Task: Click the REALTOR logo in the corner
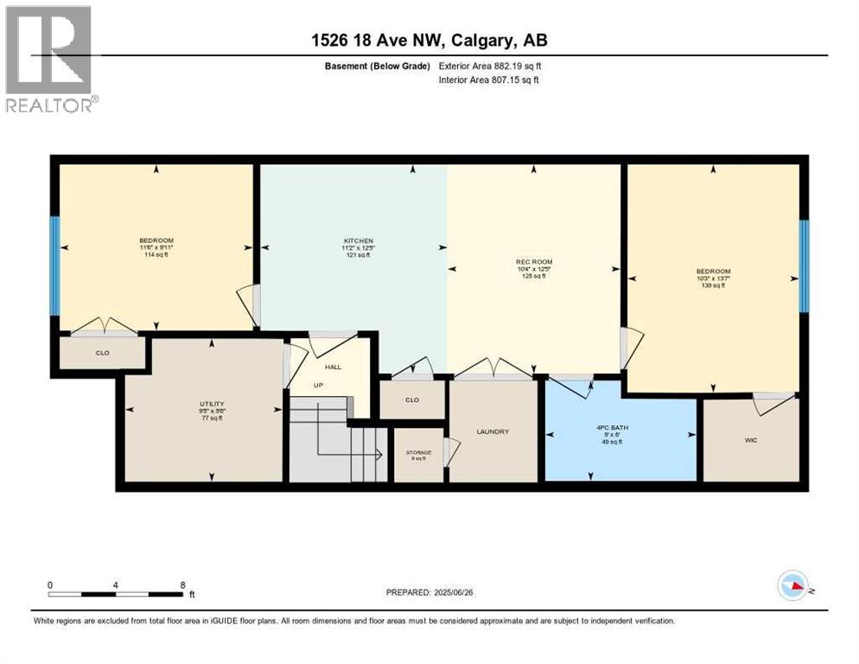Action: [49, 59]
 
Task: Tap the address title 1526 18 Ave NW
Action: [429, 40]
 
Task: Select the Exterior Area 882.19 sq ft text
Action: [490, 66]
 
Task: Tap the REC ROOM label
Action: [533, 261]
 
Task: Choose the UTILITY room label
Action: [212, 404]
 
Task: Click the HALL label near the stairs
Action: [333, 367]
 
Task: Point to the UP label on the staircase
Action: [318, 385]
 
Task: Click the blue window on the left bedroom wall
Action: [54, 265]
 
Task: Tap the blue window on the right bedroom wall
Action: [804, 265]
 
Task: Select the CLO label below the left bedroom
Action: [101, 353]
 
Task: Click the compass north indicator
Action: [793, 586]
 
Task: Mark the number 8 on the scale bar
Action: [182, 584]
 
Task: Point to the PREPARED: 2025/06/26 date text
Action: [431, 592]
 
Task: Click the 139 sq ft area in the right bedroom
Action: [713, 285]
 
